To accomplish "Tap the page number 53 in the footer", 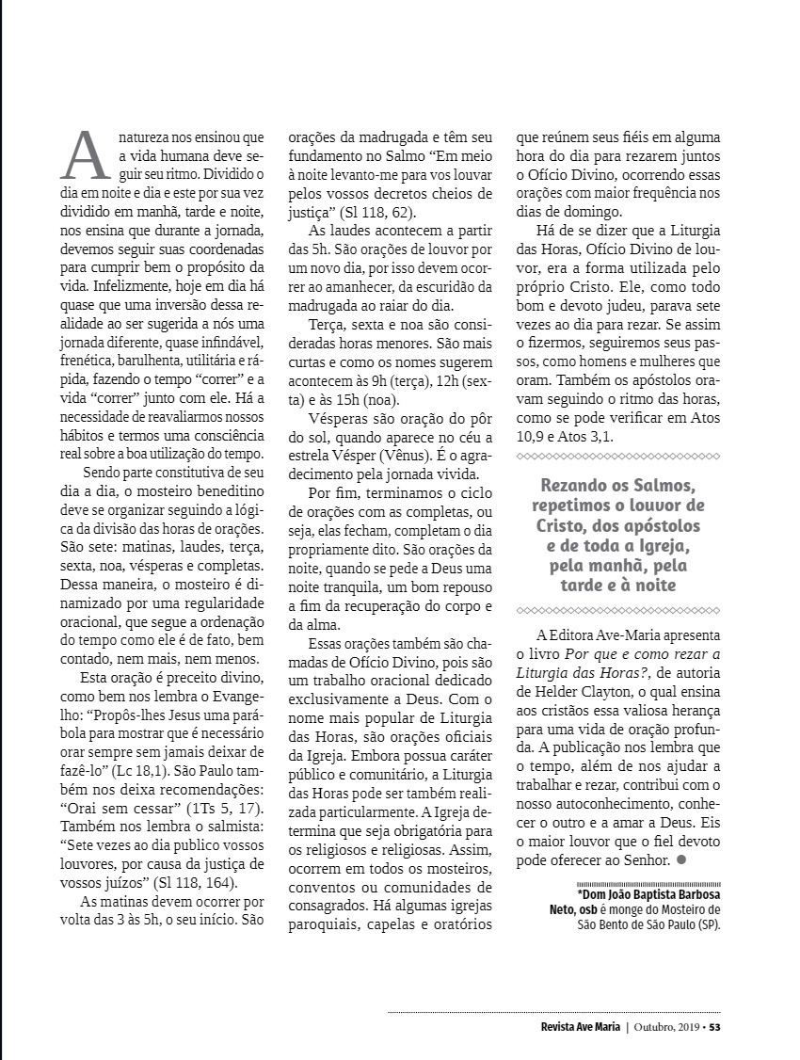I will [x=714, y=1027].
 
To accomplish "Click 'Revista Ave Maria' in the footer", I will [x=573, y=1027].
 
